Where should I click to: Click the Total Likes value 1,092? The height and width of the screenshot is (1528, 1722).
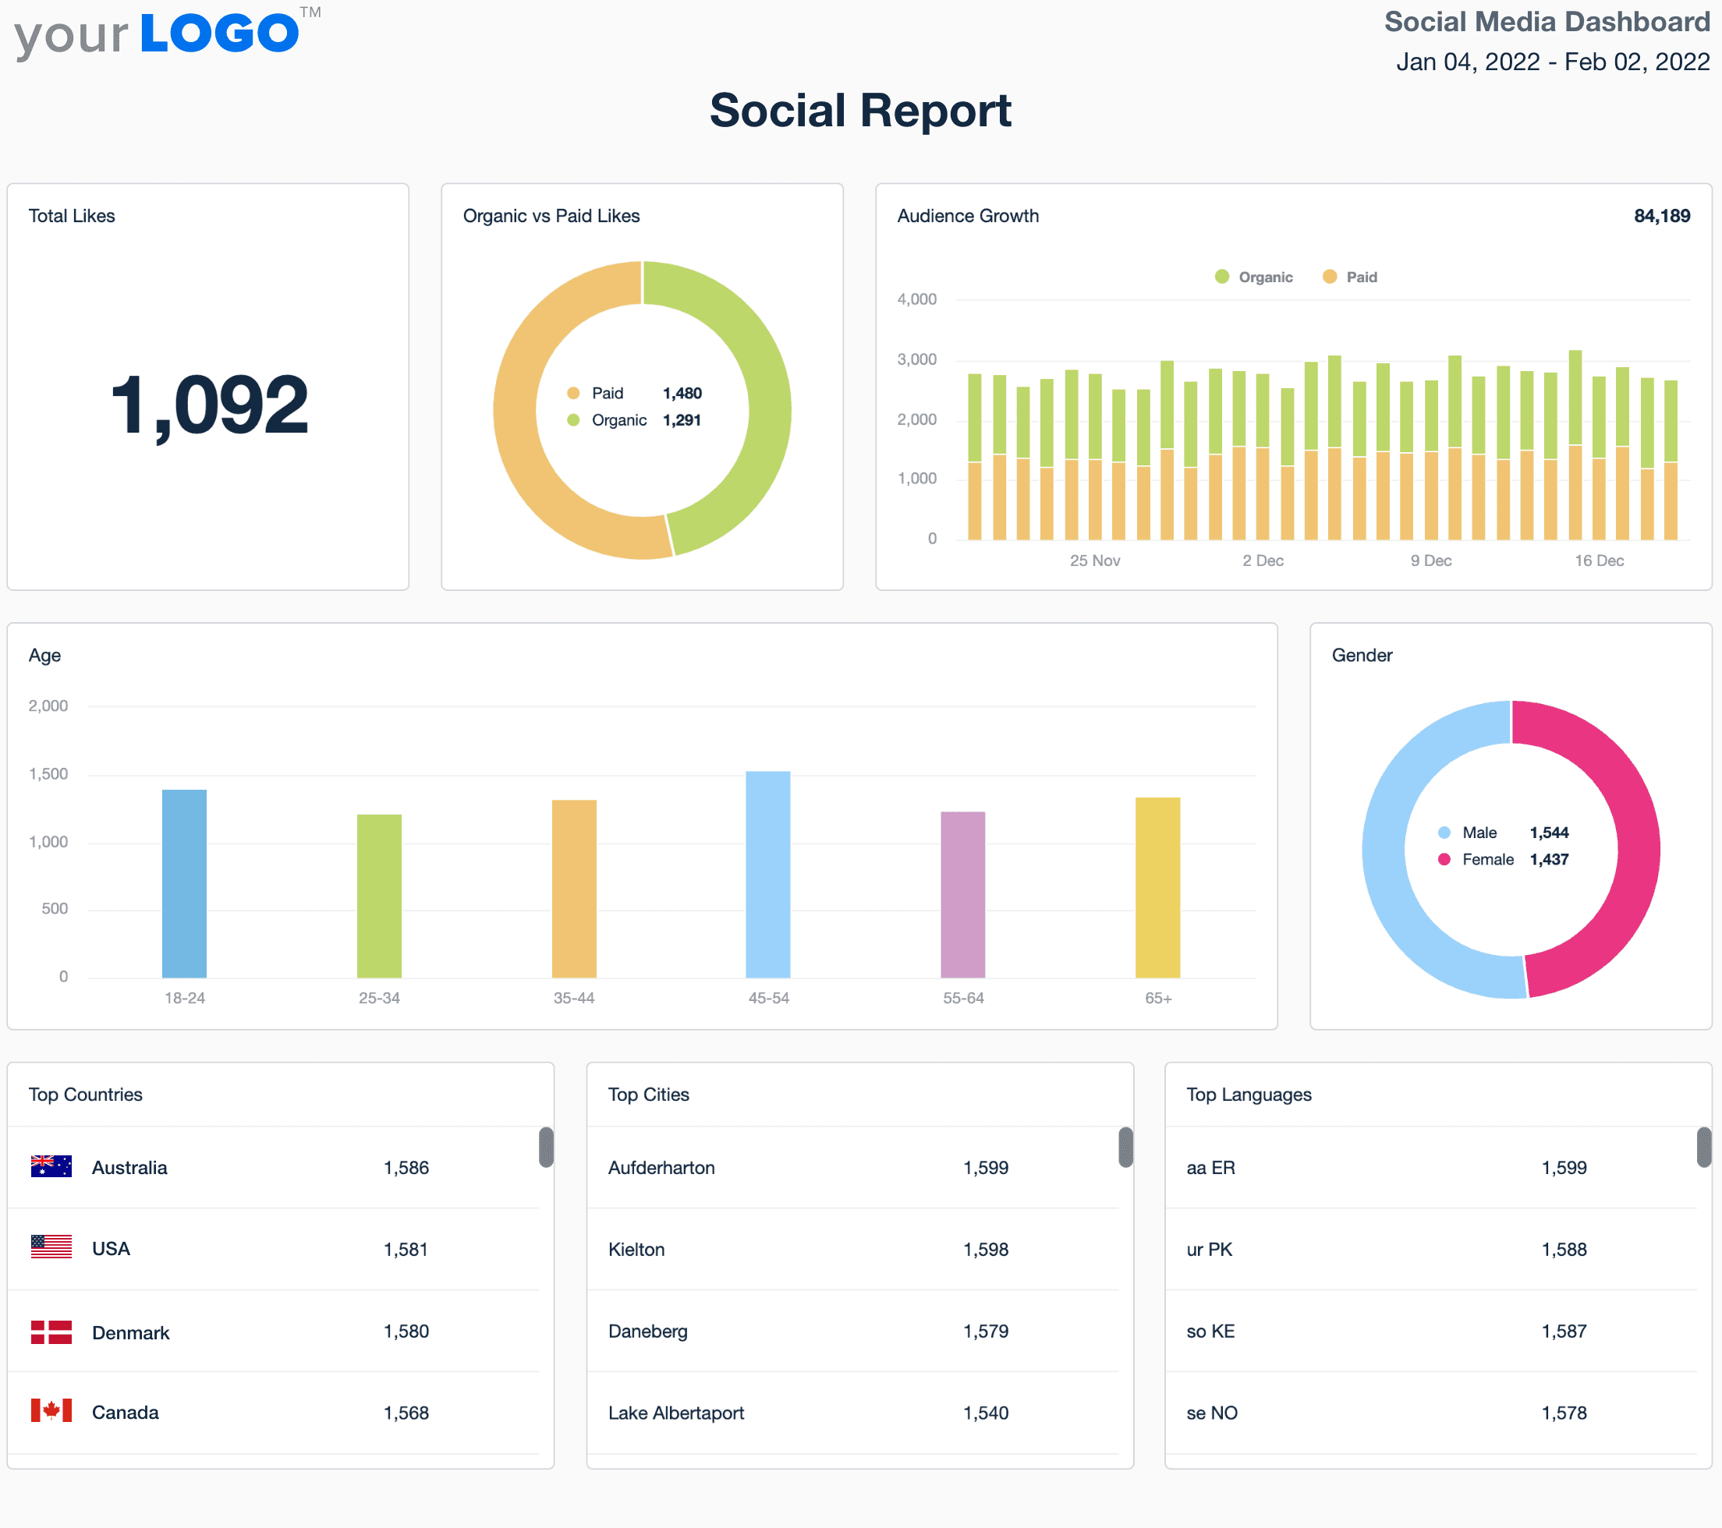[209, 406]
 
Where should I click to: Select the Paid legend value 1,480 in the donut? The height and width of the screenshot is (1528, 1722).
[682, 394]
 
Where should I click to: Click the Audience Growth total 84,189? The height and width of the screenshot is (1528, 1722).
[1661, 216]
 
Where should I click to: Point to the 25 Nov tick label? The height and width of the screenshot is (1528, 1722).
[1094, 561]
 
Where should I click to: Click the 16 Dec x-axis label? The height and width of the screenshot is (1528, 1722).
[1598, 561]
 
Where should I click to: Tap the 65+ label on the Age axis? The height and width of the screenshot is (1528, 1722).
[1157, 998]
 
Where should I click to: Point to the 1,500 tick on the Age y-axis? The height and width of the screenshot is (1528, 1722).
[48, 774]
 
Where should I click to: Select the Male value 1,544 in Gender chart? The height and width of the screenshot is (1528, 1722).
[1548, 833]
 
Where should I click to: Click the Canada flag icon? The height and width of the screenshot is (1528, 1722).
[51, 1411]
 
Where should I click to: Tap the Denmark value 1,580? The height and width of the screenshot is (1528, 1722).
[406, 1331]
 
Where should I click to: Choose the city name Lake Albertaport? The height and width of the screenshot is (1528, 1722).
[675, 1413]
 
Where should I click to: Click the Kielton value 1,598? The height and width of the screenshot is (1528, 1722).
[985, 1249]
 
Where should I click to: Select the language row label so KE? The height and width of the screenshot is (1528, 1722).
[1210, 1331]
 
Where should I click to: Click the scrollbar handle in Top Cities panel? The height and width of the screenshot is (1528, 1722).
[1125, 1148]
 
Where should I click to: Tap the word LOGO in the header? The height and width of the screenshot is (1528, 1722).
[219, 34]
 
